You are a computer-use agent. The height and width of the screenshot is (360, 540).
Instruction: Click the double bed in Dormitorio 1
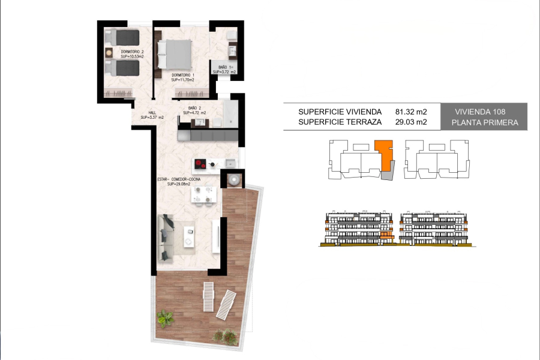(x=175, y=54)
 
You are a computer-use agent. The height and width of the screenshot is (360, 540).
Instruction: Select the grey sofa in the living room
(x=166, y=238)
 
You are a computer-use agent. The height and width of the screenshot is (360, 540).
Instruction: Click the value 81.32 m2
(x=411, y=112)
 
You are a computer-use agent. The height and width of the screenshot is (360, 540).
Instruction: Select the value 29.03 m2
(x=411, y=122)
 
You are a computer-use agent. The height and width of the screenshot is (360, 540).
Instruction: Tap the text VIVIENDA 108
(x=480, y=112)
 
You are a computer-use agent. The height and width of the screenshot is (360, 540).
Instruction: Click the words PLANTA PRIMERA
(x=482, y=122)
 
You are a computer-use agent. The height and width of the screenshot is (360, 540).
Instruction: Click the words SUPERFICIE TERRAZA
(x=340, y=122)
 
